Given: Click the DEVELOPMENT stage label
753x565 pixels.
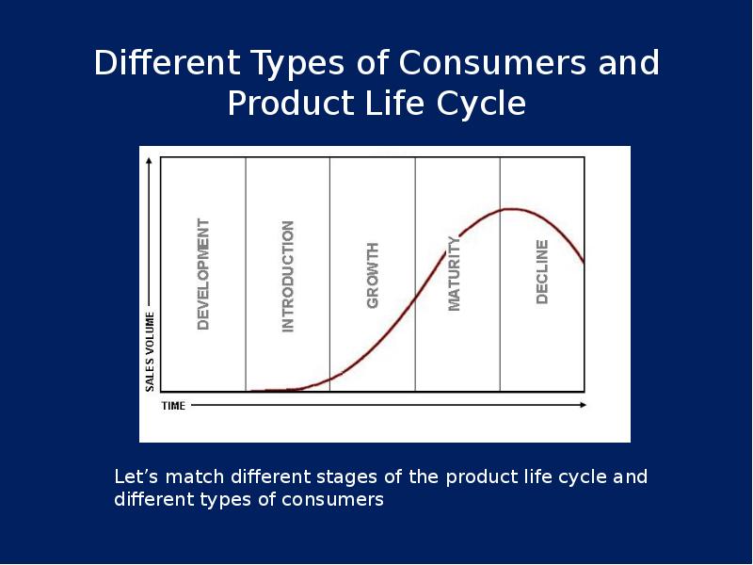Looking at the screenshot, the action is coord(203,274).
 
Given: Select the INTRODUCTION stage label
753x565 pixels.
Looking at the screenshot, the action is coord(288,276).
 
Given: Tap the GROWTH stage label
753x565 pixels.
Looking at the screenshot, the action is coord(373,275).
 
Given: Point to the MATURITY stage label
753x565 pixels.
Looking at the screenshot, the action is coord(454,274).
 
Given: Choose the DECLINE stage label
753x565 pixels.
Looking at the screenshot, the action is coord(542,272).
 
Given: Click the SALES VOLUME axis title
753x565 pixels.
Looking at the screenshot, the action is coord(150,351).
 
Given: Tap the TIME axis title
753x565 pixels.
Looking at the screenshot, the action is coord(173,406).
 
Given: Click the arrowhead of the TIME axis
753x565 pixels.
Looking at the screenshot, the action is coord(584,405).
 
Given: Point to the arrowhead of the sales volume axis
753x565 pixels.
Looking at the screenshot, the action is coord(150,160).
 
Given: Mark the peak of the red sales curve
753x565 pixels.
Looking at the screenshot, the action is coord(513,209).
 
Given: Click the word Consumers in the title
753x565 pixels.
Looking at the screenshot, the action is coord(492,62).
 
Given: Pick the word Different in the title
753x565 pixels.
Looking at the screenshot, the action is coord(167,62).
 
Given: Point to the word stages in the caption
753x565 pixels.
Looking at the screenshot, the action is coord(346,477).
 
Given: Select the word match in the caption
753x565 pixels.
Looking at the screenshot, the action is coord(195,476).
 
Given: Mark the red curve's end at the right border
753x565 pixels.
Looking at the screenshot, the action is coord(584,263).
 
